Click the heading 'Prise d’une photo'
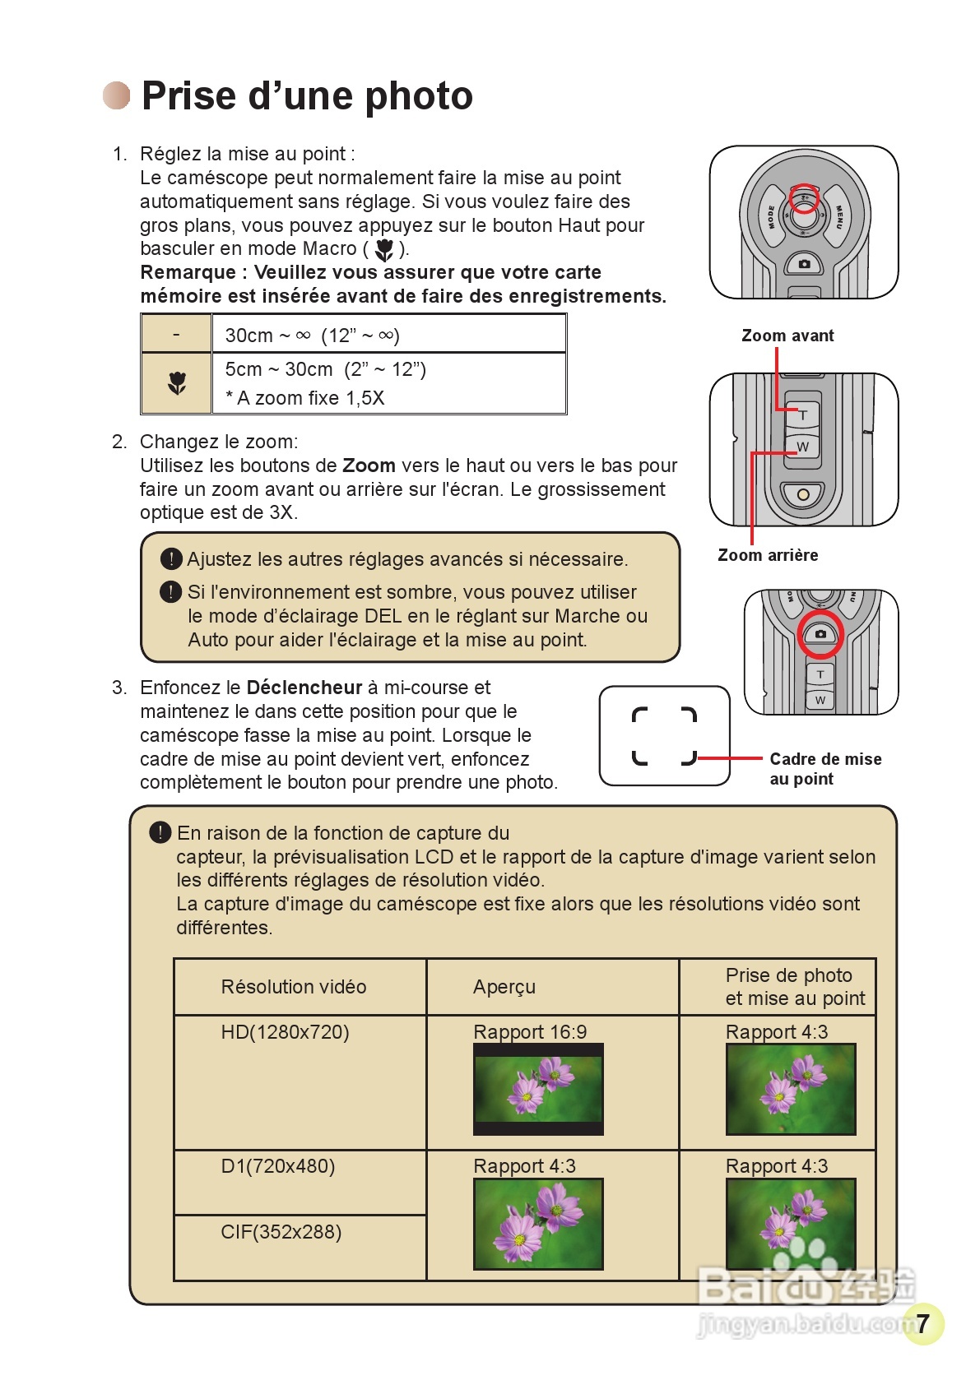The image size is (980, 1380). (x=307, y=96)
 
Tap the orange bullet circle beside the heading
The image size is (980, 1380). (x=117, y=95)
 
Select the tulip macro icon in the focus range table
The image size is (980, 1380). (x=177, y=382)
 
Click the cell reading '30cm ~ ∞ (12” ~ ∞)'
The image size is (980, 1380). (x=313, y=336)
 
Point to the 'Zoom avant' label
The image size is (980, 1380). (x=787, y=336)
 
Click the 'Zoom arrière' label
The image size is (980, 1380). (x=768, y=555)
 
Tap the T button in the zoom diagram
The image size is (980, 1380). (x=803, y=415)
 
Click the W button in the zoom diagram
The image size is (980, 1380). (x=803, y=447)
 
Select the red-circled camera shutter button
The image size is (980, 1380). (x=820, y=634)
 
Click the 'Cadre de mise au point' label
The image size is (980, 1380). (x=824, y=769)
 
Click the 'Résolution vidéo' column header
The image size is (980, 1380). (x=294, y=987)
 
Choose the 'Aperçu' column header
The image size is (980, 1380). (x=504, y=987)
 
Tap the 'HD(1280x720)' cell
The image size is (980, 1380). (x=285, y=1032)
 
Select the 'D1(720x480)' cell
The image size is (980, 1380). (x=278, y=1166)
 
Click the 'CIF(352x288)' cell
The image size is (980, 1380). (x=281, y=1232)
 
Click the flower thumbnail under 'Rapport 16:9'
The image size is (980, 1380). (x=538, y=1089)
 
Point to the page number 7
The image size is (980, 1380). (x=923, y=1322)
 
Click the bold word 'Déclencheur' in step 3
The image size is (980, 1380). (x=304, y=688)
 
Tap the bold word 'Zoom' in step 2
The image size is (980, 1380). (x=369, y=465)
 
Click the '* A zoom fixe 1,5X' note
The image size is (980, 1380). (x=305, y=398)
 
